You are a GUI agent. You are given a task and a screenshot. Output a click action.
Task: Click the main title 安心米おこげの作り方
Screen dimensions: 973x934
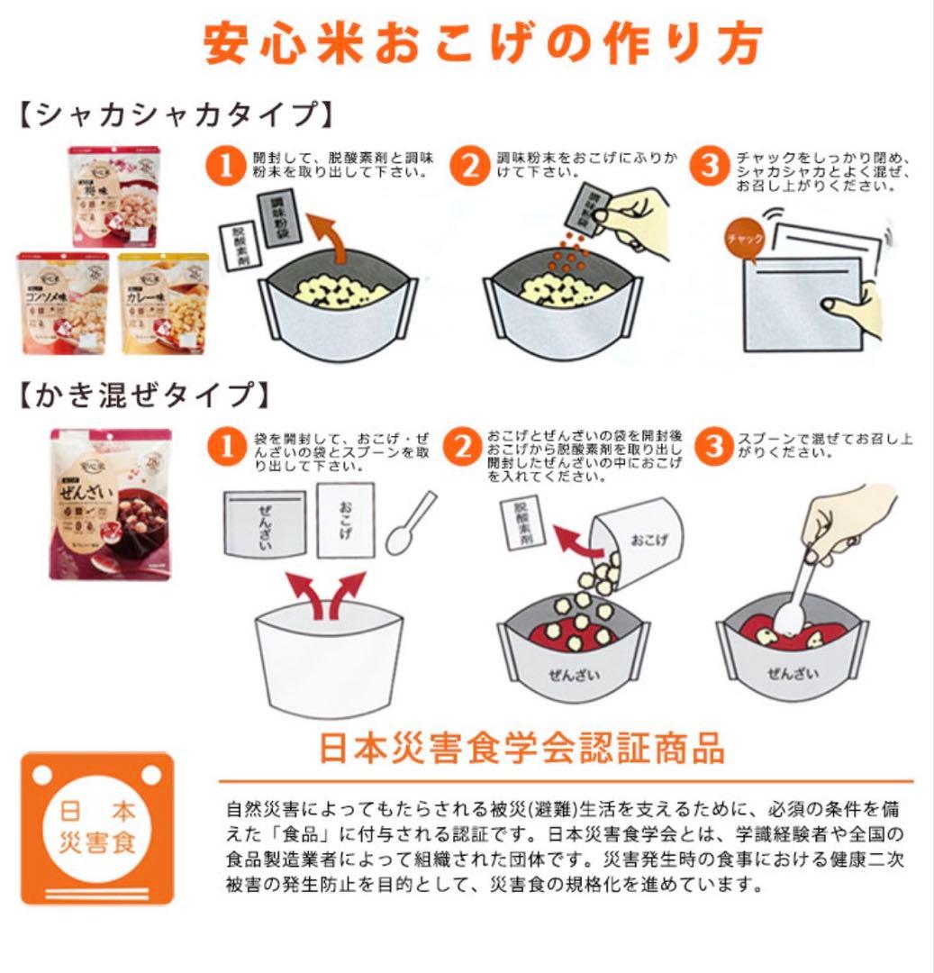pyautogui.click(x=484, y=43)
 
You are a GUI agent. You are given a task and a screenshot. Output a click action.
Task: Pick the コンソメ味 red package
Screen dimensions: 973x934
pyautogui.click(x=63, y=303)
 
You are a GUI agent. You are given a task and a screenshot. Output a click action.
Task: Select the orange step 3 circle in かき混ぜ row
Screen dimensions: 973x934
pyautogui.click(x=715, y=446)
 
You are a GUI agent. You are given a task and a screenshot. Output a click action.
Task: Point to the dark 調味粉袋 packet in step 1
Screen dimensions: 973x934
pyautogui.click(x=277, y=213)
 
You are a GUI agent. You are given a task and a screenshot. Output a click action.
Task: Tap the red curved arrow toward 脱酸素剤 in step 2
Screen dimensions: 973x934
pyautogui.click(x=571, y=538)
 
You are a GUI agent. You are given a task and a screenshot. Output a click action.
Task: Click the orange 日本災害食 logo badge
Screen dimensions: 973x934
pyautogui.click(x=96, y=827)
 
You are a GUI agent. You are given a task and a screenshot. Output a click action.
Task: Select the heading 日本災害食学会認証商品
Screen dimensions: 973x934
pyautogui.click(x=521, y=748)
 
